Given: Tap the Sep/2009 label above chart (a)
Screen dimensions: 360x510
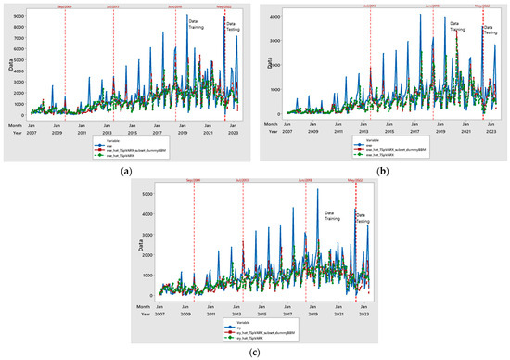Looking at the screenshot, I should click(65, 6).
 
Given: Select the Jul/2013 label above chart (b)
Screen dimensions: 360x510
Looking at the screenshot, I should click(370, 6).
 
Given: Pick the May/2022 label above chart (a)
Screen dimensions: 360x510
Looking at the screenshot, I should click(223, 6).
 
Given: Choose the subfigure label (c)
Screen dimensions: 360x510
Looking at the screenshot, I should click(254, 354).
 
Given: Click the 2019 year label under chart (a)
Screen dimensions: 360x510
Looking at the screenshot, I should click(185, 133).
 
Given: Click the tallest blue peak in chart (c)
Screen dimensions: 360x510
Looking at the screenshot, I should click(318, 190).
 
